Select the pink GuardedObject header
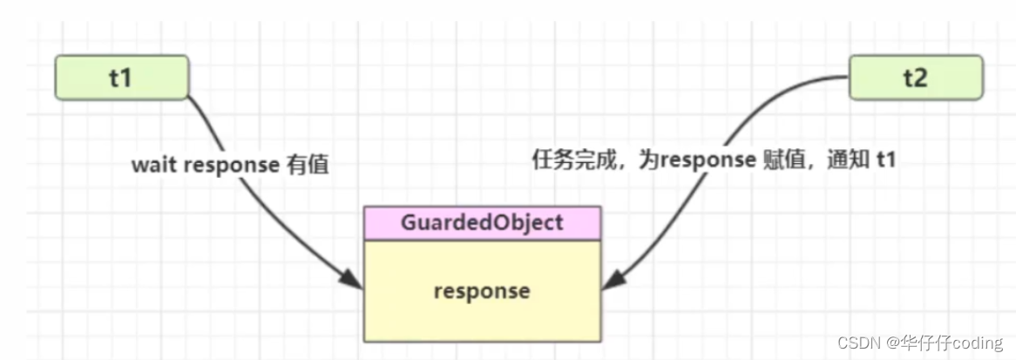tap(482, 222)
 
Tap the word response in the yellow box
tap(482, 290)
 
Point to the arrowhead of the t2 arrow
tap(613, 280)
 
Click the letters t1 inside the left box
tap(120, 77)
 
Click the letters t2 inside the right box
tap(915, 77)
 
